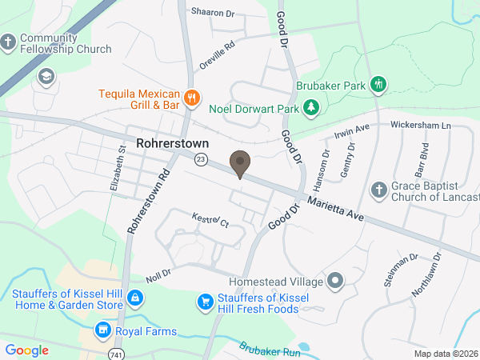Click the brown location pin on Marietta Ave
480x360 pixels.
(239, 162)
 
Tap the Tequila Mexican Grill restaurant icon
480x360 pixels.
(191, 98)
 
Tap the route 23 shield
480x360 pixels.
(200, 160)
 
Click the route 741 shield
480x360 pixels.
(118, 352)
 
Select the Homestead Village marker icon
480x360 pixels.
(335, 282)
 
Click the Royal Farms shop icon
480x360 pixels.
(102, 329)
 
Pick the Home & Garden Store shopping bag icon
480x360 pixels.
(135, 298)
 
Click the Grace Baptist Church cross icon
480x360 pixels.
(379, 190)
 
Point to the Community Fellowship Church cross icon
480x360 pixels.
(8, 42)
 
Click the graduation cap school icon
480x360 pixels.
(46, 76)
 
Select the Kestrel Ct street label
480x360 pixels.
(210, 220)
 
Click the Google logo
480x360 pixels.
(27, 350)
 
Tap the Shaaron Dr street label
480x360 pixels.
(211, 12)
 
